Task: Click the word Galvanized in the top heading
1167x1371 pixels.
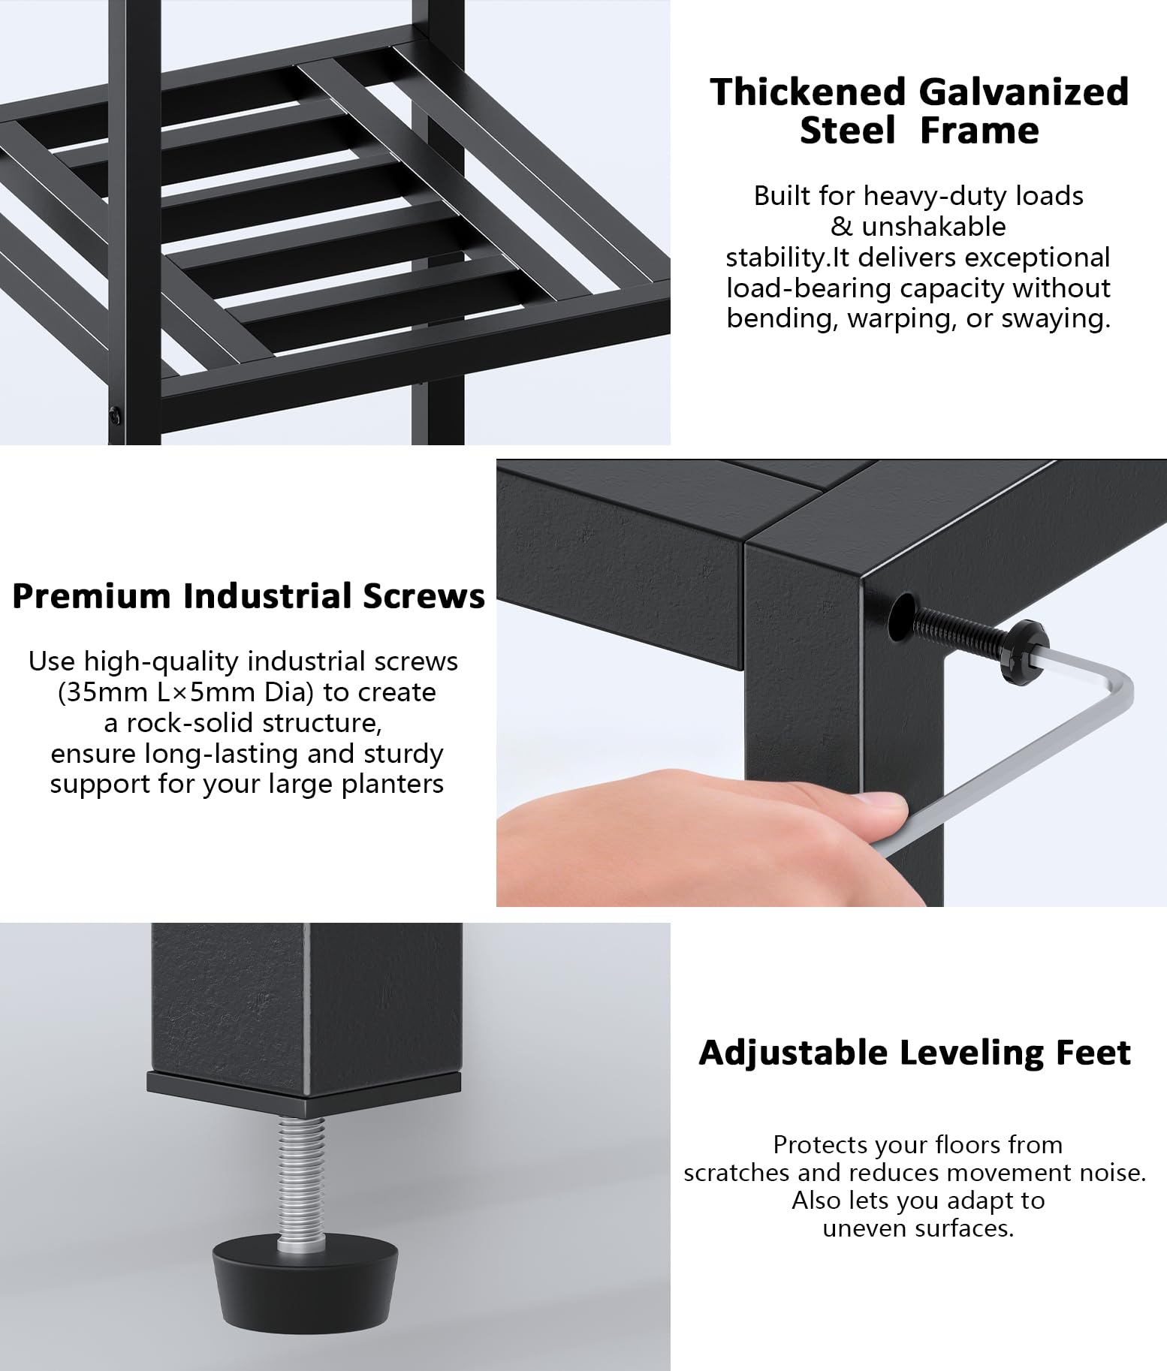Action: [1024, 92]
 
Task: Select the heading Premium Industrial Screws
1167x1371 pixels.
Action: [249, 596]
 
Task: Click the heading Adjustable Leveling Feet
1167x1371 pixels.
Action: [915, 1053]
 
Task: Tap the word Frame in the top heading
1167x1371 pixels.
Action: [979, 130]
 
